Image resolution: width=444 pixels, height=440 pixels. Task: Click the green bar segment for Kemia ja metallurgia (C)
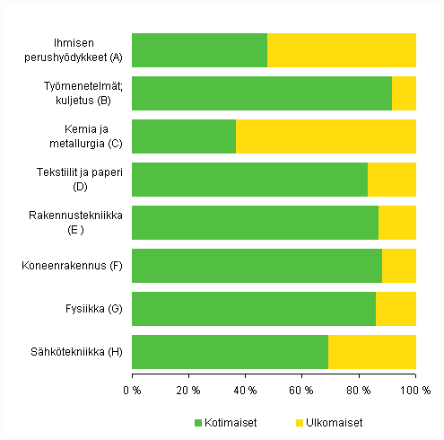pos(184,136)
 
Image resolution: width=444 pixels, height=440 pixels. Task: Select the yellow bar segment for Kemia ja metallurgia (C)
pos(326,136)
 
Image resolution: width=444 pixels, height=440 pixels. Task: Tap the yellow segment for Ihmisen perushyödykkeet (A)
pos(342,50)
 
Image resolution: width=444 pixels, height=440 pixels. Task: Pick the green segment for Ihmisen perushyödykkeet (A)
pos(199,50)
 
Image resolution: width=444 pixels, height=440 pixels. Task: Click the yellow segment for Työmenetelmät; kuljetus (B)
pos(404,93)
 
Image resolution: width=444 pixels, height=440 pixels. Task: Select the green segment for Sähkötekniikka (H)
pos(230,351)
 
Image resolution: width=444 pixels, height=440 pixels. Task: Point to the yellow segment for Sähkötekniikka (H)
pos(372,351)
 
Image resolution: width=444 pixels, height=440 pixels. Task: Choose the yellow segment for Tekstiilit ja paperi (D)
pos(392,180)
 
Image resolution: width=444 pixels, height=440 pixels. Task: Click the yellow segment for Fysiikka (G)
pos(396,308)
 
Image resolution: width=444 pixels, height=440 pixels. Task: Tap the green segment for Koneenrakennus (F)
pos(257,266)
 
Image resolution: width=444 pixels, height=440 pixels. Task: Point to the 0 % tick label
pos(132,391)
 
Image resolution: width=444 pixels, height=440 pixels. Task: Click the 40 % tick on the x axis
pos(246,391)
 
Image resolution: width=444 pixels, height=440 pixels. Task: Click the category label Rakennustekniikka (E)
pos(87,223)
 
